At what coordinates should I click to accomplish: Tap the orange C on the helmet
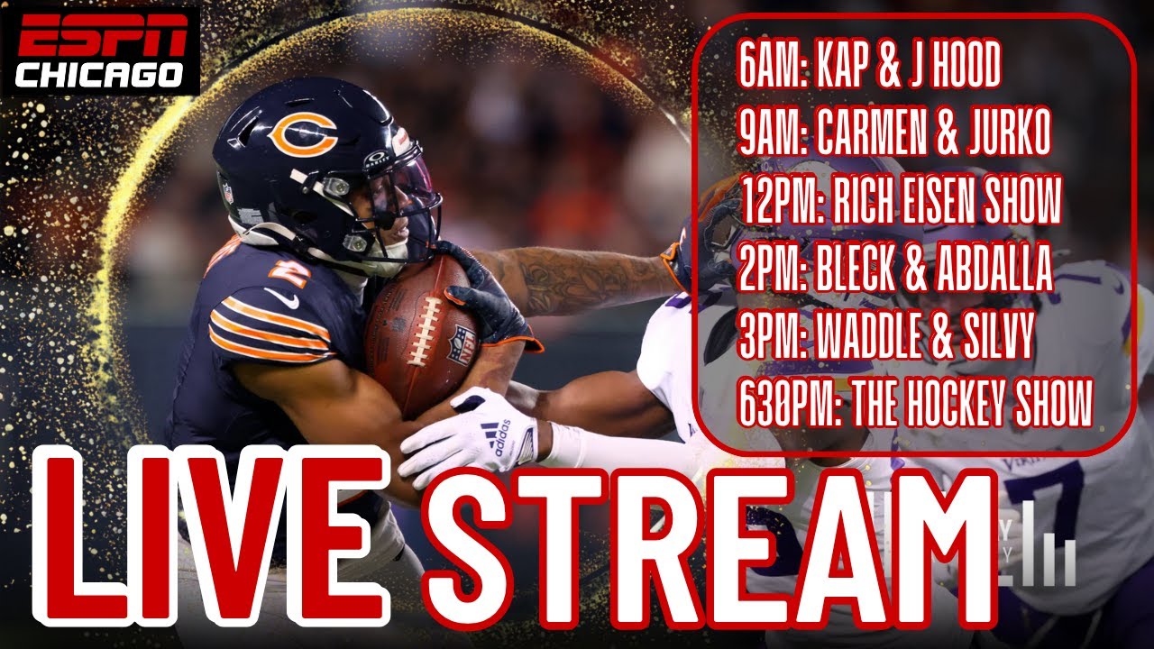point(303,134)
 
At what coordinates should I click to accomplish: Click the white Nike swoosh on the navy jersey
point(281,297)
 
